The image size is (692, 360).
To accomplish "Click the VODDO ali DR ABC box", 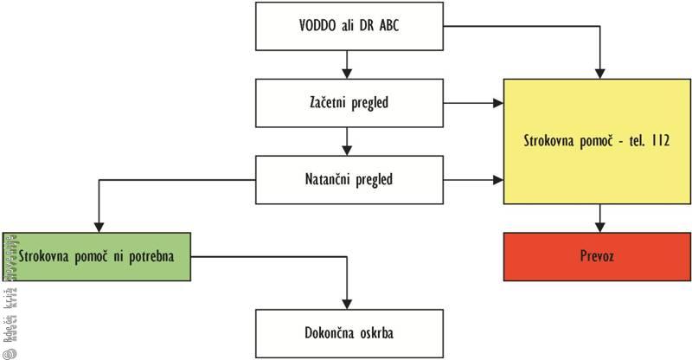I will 345,26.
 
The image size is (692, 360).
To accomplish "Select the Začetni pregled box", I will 345,104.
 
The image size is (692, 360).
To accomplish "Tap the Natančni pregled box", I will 345,180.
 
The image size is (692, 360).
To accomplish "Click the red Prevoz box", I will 598,256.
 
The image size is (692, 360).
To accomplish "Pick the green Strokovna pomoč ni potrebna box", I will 96,256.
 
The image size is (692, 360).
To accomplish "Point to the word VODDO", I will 317,26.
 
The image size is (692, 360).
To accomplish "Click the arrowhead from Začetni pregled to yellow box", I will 498,104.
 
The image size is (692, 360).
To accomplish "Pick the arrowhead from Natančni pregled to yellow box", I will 498,180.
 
